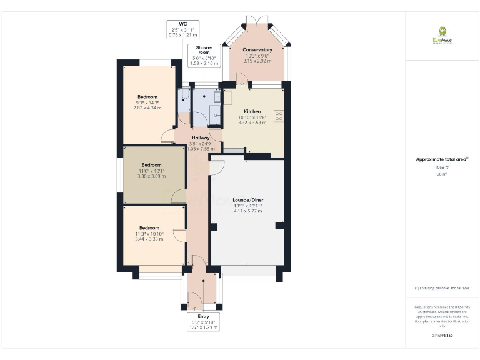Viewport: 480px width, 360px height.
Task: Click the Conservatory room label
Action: coord(257,50)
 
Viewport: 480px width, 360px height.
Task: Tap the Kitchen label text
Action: coord(252,111)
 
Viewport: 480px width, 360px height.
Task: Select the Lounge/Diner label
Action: coord(248,200)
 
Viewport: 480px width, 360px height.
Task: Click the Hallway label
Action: coord(201,137)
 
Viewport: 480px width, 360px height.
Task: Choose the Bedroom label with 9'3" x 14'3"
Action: coord(147,97)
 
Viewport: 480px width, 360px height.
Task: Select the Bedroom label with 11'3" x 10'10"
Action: coord(149,228)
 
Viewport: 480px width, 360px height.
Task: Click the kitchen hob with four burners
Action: coord(279,116)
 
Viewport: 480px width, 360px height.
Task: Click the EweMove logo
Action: coord(442,35)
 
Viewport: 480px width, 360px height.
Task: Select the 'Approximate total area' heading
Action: coord(441,159)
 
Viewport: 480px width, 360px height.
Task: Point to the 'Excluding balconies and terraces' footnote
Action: coord(442,288)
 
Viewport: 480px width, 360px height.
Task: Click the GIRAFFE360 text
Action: coord(442,336)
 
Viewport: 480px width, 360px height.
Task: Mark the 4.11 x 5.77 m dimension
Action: coord(248,211)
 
